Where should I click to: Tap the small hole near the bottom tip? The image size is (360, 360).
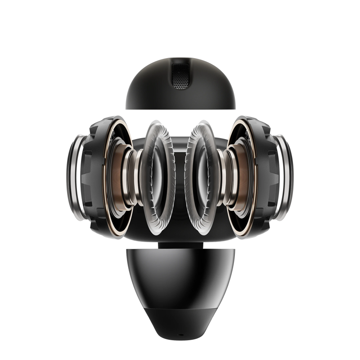(x=180, y=335)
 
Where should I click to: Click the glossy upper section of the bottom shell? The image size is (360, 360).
(x=180, y=274)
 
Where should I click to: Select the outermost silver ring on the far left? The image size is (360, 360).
(x=75, y=180)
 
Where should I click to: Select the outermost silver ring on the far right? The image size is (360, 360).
(x=285, y=180)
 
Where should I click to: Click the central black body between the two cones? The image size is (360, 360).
(x=180, y=189)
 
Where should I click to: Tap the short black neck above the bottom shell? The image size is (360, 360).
(x=180, y=244)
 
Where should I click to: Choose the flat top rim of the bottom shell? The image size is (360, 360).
(x=180, y=249)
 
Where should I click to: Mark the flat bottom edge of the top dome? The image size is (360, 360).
(x=180, y=108)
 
